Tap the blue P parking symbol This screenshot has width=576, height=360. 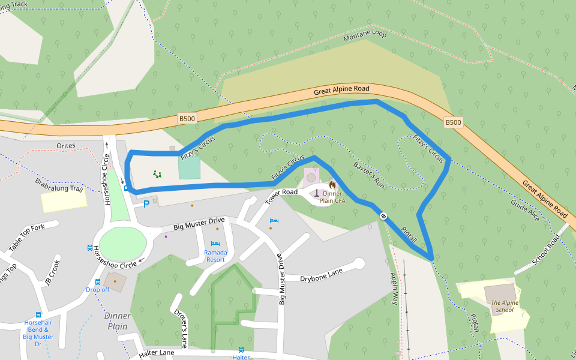(146, 205)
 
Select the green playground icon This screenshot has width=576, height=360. (157, 175)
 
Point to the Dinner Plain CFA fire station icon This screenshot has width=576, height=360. (332, 185)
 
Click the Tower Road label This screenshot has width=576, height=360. (281, 194)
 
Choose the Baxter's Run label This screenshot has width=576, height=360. (368, 175)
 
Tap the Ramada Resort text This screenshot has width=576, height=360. (215, 256)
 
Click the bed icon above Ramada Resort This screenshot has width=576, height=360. (215, 243)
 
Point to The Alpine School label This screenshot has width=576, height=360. (503, 307)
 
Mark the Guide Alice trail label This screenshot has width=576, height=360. (526, 211)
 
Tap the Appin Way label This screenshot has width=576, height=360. (394, 289)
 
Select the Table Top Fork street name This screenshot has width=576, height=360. (26, 238)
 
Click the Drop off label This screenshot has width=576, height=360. (97, 290)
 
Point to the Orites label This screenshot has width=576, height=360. (66, 146)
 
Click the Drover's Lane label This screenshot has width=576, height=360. (181, 329)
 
